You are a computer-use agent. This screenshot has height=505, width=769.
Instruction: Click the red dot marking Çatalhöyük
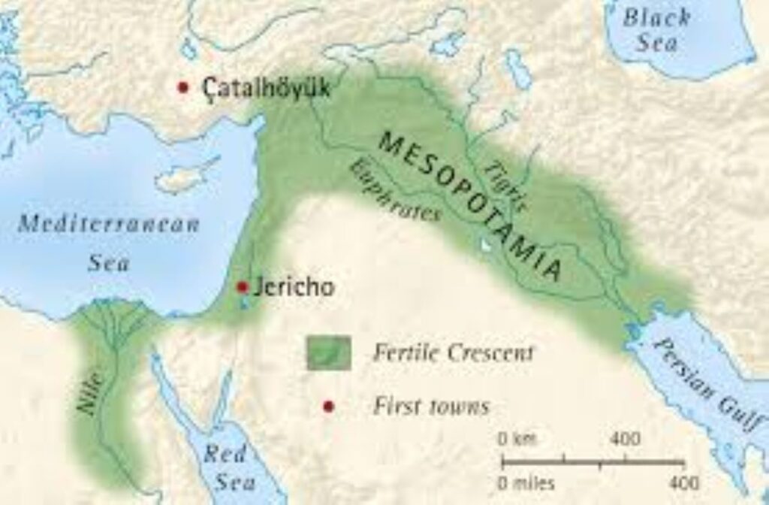coord(182,86)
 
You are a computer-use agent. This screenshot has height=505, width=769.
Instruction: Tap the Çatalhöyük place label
coord(265,87)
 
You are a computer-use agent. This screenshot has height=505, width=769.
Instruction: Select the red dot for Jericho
coord(242,287)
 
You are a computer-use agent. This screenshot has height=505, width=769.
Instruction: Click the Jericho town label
coord(290,287)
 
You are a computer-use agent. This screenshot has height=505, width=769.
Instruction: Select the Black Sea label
coord(652,29)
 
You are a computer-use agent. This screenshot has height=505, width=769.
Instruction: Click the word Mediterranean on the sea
coord(108,224)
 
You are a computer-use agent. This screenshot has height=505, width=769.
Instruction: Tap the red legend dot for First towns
coord(328,407)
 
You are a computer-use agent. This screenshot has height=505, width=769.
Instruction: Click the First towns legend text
coord(431,407)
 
